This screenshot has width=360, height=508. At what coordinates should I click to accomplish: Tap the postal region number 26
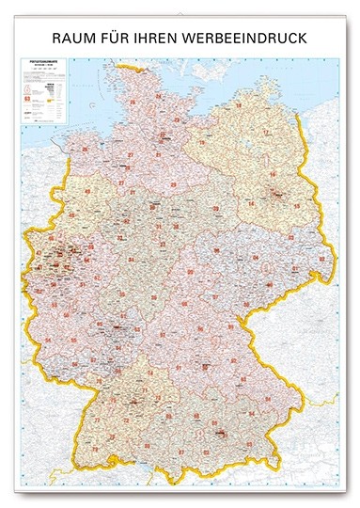(86, 149)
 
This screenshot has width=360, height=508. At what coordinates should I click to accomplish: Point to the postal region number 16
(274, 174)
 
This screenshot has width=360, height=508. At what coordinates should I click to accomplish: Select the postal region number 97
(178, 344)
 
